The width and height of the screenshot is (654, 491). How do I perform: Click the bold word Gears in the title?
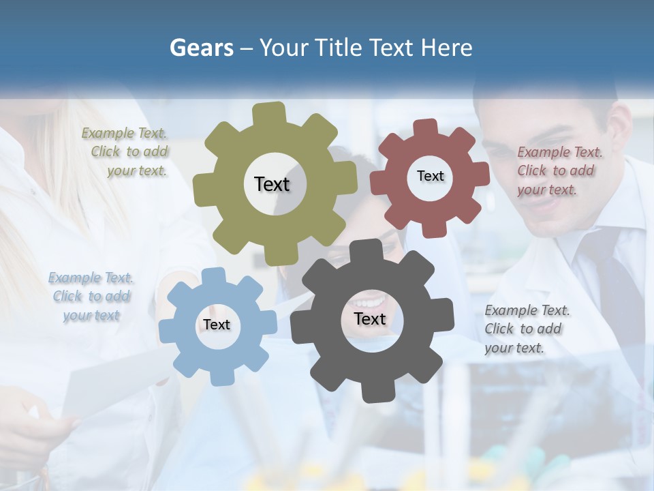pos(201,48)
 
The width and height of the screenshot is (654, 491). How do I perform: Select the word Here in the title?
pos(446,48)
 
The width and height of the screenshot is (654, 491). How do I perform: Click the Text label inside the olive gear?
pos(272,184)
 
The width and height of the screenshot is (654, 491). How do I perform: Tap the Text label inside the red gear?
pos(430,176)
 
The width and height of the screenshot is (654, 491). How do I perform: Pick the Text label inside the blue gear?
pos(216,325)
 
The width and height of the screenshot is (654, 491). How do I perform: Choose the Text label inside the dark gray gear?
pos(369,318)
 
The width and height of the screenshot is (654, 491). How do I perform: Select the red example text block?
pos(559,170)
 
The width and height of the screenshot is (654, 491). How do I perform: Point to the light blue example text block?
pos(91,297)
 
